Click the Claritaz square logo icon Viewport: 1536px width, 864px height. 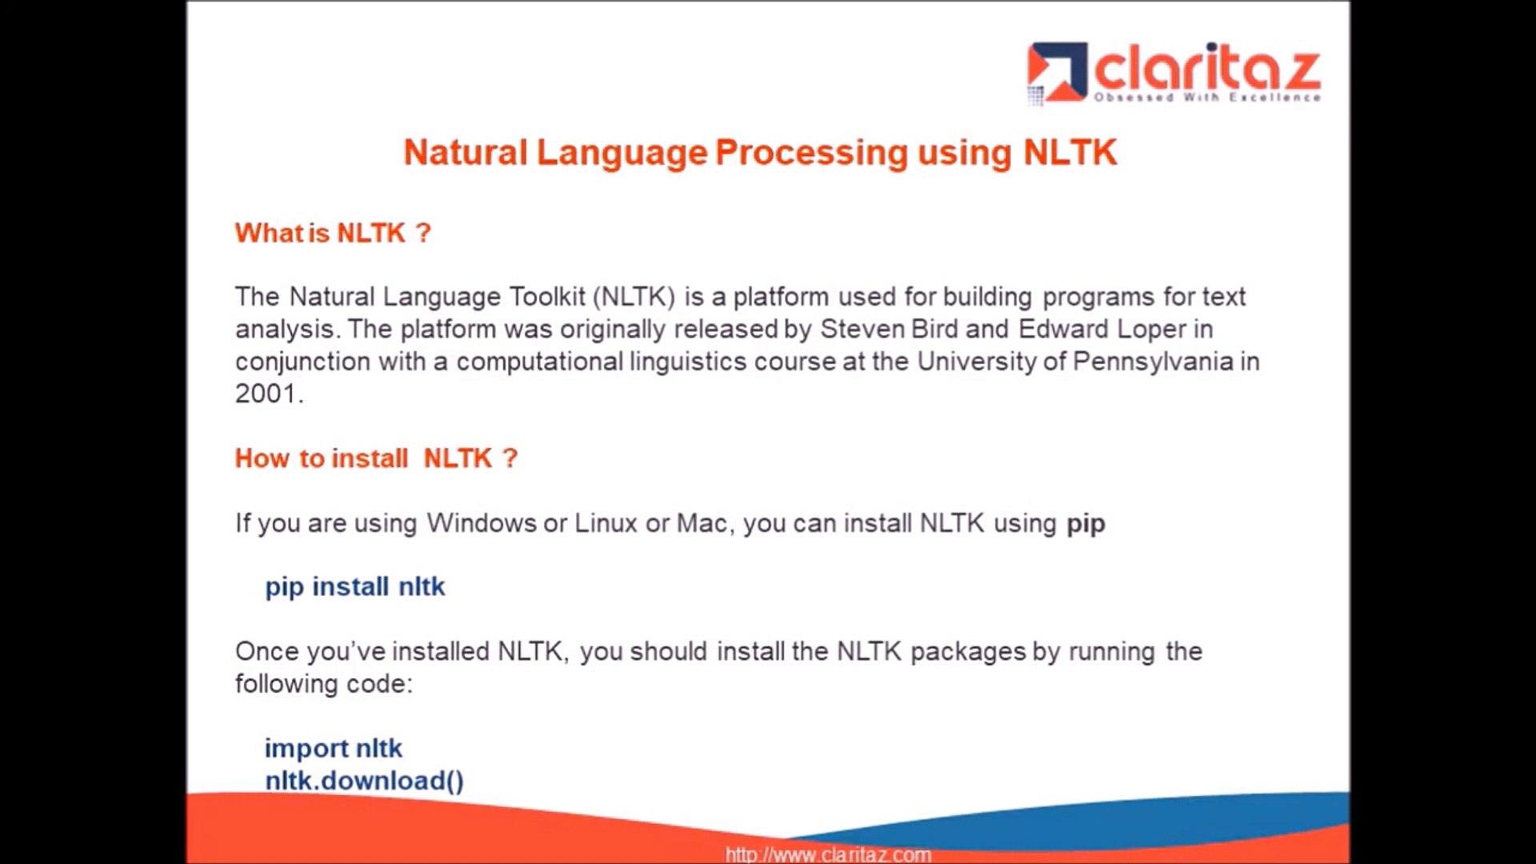(1057, 72)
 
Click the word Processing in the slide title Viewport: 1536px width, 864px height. (811, 153)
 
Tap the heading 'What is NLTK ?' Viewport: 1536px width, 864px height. (333, 233)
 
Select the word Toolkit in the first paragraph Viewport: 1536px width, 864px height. (548, 297)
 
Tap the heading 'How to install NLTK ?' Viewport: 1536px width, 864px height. (376, 458)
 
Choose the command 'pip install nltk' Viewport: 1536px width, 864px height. (354, 587)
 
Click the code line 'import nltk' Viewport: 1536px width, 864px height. (333, 749)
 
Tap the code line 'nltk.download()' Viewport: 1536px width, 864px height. (364, 781)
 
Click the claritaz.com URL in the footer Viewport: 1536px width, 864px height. (828, 854)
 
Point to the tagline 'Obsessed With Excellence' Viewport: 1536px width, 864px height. (1207, 98)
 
